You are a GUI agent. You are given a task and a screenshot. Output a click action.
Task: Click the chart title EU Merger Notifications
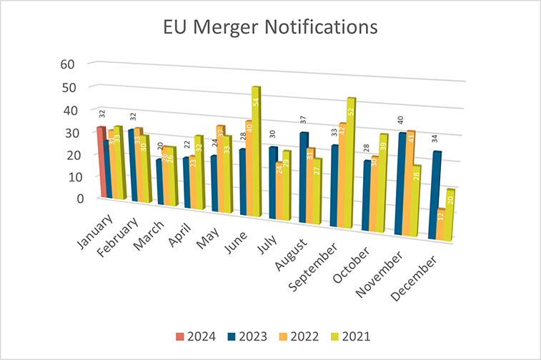pyautogui.click(x=270, y=28)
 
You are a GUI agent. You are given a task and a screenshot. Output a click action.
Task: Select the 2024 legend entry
pyautogui.click(x=203, y=335)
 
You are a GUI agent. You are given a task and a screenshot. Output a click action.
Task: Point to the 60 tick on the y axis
pyautogui.click(x=68, y=64)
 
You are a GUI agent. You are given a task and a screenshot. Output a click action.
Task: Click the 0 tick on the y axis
pyautogui.click(x=71, y=198)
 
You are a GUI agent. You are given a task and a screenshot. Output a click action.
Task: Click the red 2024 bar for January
pyautogui.click(x=101, y=161)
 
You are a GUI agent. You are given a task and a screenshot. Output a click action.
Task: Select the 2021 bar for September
pyautogui.click(x=351, y=164)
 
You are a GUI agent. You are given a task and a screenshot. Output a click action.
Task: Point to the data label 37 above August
pyautogui.click(x=303, y=120)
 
